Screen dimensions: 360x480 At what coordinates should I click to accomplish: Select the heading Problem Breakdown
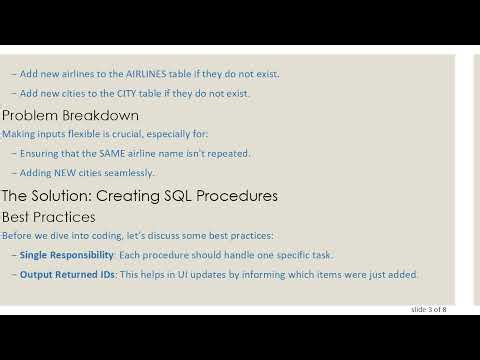click(70, 115)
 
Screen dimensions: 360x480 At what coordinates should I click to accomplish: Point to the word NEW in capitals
click(70, 172)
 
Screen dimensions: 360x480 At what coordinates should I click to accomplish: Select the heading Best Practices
click(49, 216)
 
